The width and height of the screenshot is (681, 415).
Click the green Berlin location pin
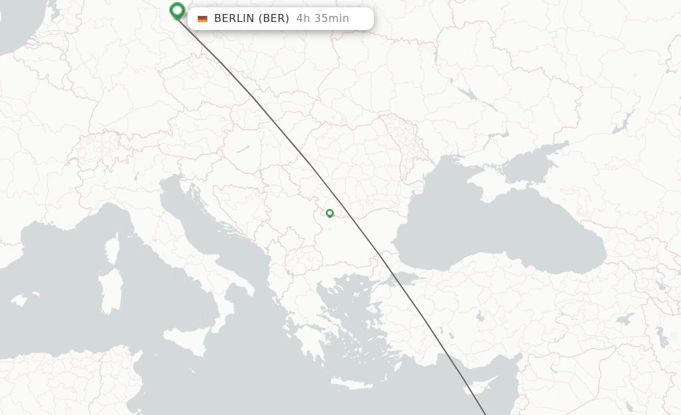[x=177, y=11]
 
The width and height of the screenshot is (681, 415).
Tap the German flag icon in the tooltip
[x=202, y=19]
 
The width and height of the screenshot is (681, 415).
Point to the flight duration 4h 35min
[x=323, y=19]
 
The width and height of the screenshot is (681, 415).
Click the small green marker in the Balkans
[x=330, y=213]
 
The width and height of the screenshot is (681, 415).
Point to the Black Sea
[x=499, y=226]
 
